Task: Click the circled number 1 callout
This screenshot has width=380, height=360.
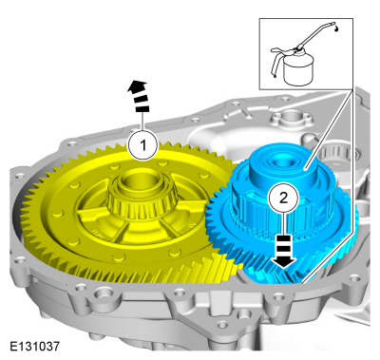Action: pyautogui.click(x=142, y=146)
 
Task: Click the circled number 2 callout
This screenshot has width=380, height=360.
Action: pyautogui.click(x=283, y=198)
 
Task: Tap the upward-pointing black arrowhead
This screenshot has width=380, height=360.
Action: pyautogui.click(x=138, y=85)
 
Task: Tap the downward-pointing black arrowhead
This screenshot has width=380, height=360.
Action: pyautogui.click(x=283, y=261)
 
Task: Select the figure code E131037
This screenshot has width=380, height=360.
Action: pyautogui.click(x=34, y=346)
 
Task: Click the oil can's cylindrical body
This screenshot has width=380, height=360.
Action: pyautogui.click(x=298, y=72)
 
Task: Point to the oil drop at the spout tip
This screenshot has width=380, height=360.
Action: pyautogui.click(x=336, y=28)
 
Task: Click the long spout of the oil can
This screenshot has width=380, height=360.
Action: pyautogui.click(x=317, y=34)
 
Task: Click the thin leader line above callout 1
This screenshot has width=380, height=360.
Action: pyautogui.click(x=142, y=122)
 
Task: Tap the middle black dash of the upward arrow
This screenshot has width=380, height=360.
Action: pyautogui.click(x=140, y=98)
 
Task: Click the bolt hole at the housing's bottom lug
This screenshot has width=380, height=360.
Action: pyautogui.click(x=222, y=325)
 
